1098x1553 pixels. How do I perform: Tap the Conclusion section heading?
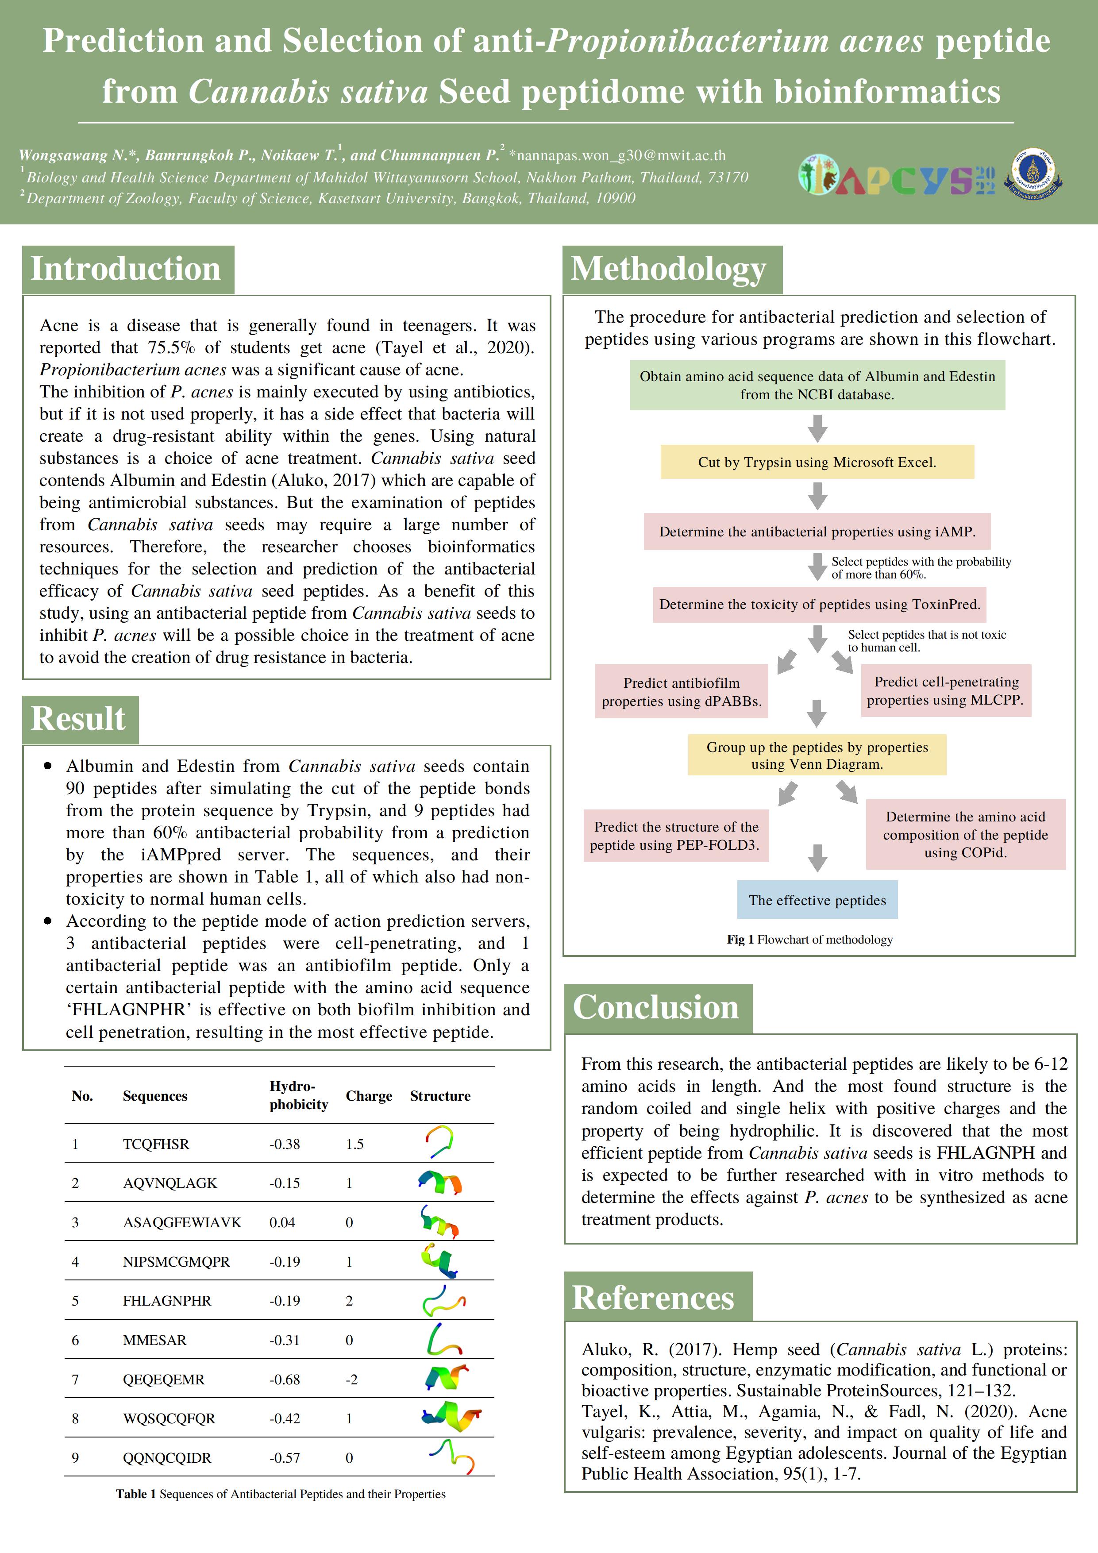point(656,1007)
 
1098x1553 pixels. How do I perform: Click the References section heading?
point(654,1297)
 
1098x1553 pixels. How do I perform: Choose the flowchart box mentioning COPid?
point(965,835)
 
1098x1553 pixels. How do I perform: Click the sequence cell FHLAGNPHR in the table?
point(167,1301)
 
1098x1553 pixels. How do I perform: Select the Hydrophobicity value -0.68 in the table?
point(284,1379)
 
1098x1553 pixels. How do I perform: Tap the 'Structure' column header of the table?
point(440,1096)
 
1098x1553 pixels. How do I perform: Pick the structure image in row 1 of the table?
point(440,1142)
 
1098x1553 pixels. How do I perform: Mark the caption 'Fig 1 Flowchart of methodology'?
point(810,940)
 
